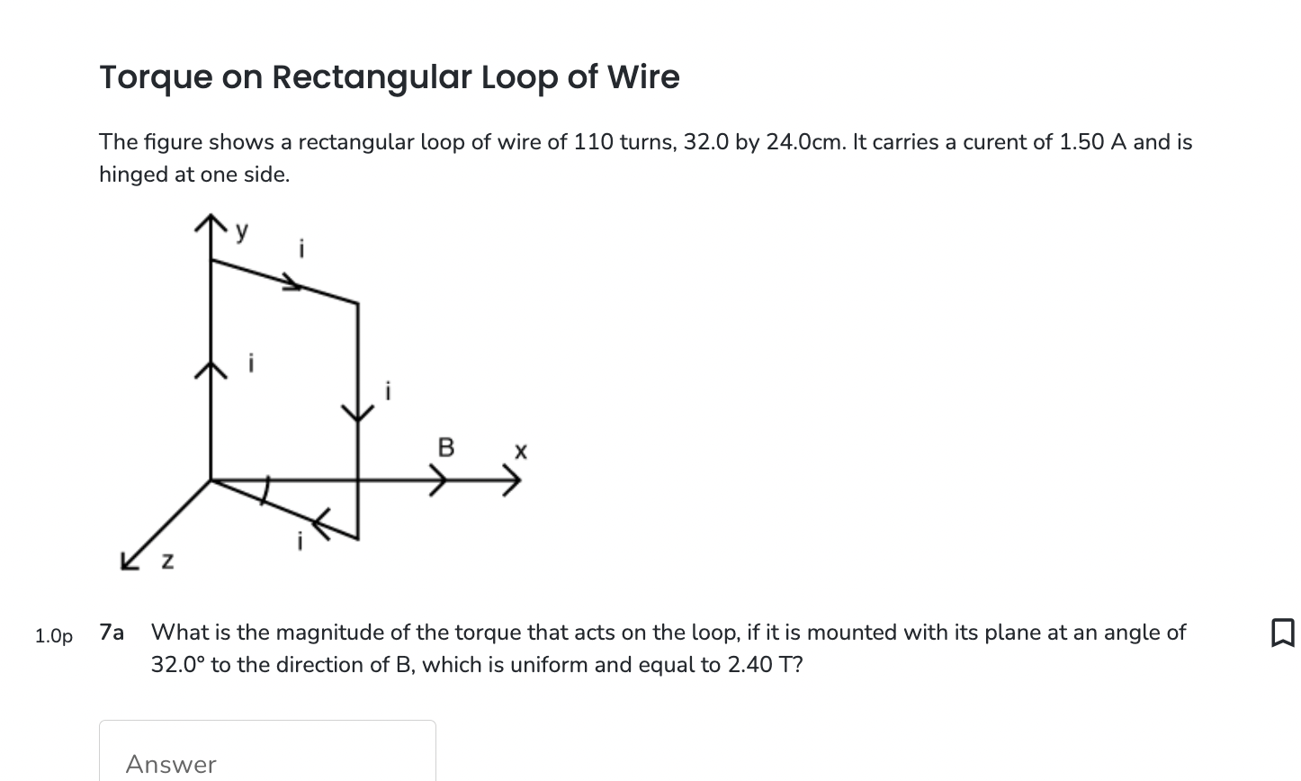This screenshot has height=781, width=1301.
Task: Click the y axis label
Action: tap(241, 231)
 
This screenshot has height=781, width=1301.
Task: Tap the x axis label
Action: tap(520, 449)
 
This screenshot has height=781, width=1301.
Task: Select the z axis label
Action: tap(166, 561)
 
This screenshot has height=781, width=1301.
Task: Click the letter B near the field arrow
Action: tap(445, 447)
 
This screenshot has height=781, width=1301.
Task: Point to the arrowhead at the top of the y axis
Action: tap(211, 222)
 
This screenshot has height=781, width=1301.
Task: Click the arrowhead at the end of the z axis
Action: tap(130, 560)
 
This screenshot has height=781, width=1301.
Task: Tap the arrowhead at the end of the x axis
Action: tap(512, 481)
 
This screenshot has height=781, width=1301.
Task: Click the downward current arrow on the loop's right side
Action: tap(358, 412)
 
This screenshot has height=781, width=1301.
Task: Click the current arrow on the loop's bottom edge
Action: tap(321, 521)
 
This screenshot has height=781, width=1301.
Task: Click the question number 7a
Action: tap(112, 633)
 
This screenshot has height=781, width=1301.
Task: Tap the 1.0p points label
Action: tap(54, 636)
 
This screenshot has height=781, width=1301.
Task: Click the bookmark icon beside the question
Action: tap(1282, 633)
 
